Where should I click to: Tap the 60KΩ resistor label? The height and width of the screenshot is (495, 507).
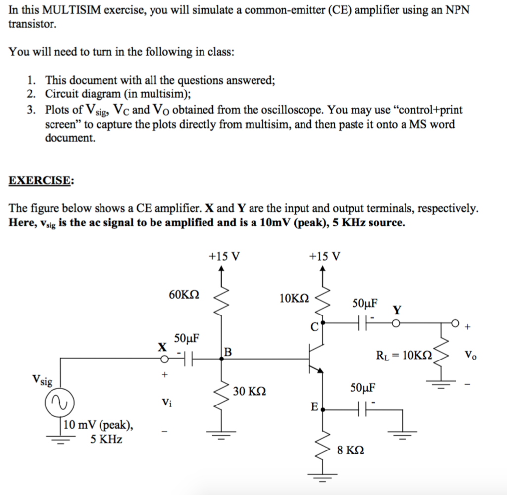tap(184, 295)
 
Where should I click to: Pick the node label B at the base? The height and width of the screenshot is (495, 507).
tap(228, 352)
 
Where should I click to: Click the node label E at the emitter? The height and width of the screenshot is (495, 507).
tap(314, 407)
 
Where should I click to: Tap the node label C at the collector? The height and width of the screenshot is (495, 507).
tap(314, 327)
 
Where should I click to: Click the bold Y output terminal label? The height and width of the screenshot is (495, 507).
tap(397, 310)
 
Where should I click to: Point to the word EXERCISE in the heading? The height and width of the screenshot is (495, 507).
tap(40, 180)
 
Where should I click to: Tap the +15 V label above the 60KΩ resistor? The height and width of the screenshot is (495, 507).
tap(224, 256)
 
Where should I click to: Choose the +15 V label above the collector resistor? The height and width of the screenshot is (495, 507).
tap(324, 256)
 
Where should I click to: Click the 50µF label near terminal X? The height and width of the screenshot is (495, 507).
tap(187, 339)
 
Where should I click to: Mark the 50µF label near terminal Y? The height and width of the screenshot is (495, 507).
tap(365, 303)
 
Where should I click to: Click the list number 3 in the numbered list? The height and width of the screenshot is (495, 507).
tap(31, 110)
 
